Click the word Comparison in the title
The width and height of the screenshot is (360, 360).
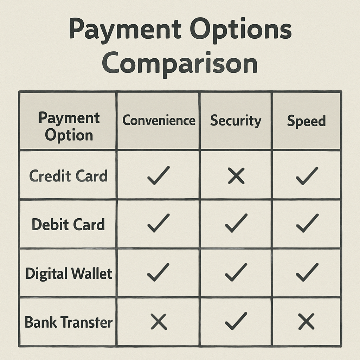pos(180,64)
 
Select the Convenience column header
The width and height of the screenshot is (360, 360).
pos(159,121)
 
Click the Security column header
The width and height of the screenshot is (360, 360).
pos(236,121)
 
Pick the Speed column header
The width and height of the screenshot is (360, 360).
pos(306,121)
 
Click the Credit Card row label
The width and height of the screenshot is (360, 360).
pos(68,176)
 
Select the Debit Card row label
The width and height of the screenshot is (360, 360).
pos(68,224)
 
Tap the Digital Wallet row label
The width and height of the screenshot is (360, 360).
pos(69,274)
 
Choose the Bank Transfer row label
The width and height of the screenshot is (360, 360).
pos(69,322)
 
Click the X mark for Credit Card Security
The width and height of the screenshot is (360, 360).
pos(236,176)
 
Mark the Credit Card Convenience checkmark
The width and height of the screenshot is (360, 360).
pos(158,175)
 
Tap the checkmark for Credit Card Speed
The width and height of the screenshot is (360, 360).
pos(307,175)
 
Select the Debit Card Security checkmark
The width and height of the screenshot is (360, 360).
pos(236,224)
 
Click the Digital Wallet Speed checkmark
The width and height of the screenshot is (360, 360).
pos(307,272)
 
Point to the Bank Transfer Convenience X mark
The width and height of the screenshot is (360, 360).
pos(159,322)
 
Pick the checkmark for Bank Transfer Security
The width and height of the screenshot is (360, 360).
pos(236,321)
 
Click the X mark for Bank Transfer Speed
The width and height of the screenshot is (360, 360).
pos(306,322)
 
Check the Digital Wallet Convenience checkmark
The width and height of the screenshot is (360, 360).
pos(158,272)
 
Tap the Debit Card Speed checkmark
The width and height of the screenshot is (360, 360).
pos(307,224)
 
